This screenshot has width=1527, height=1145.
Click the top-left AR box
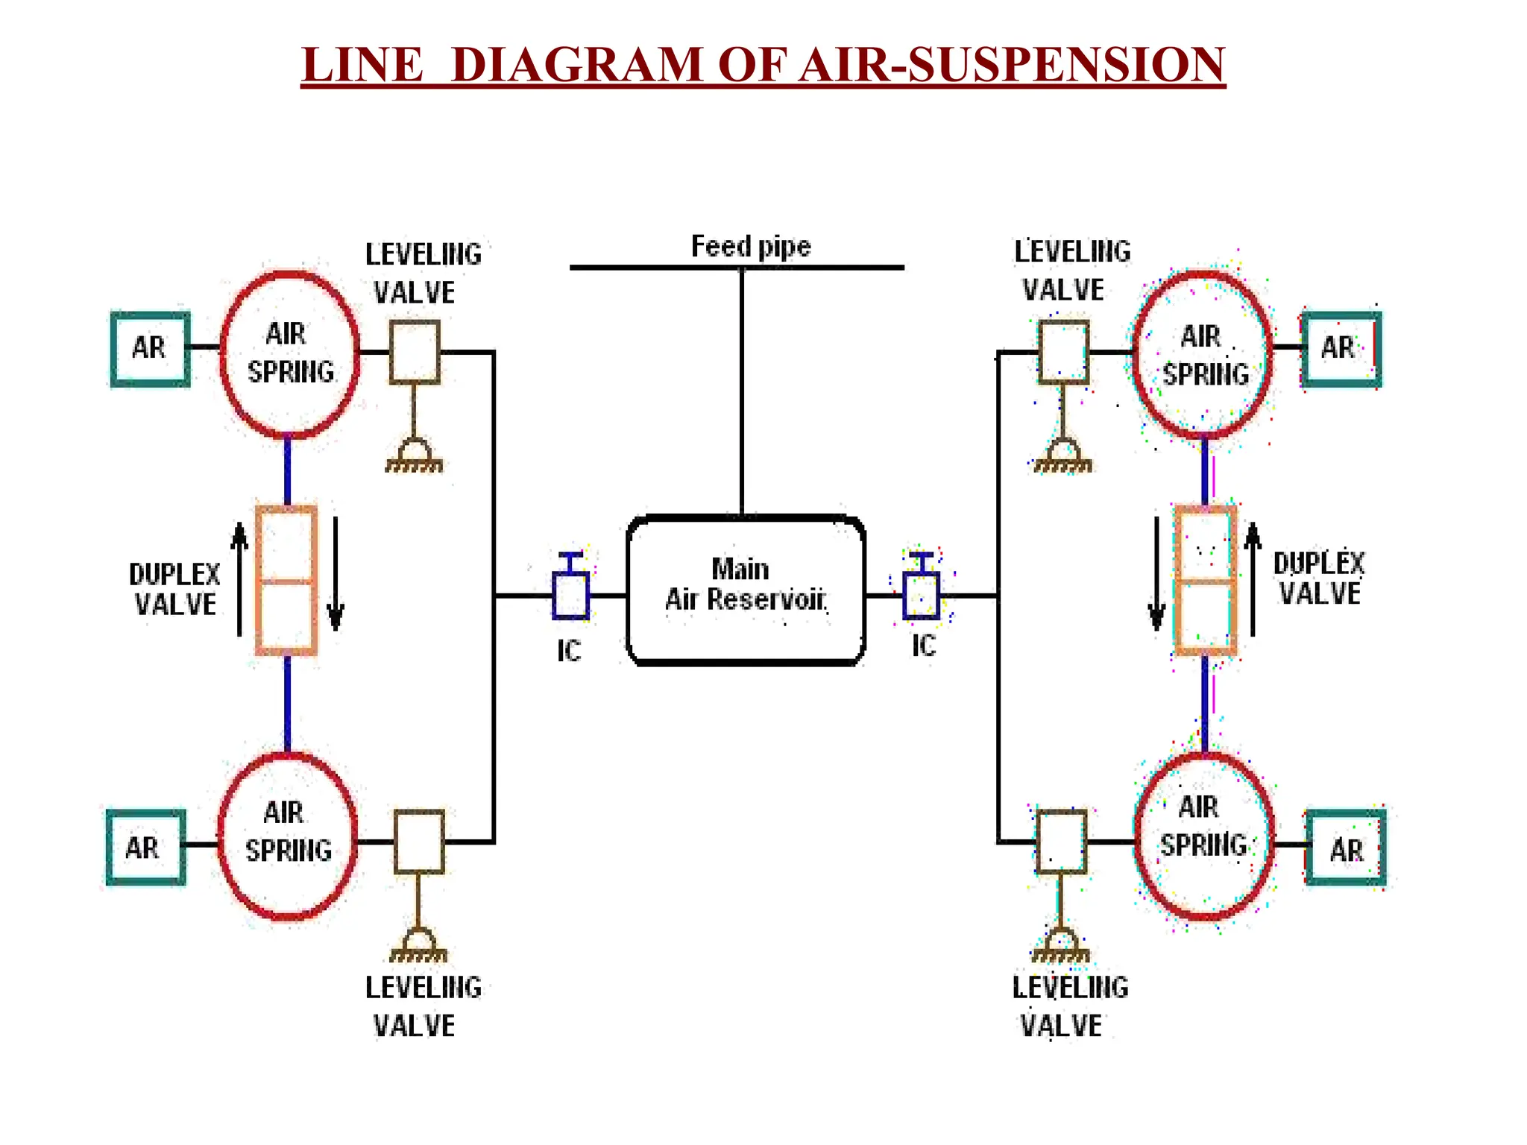pyautogui.click(x=150, y=349)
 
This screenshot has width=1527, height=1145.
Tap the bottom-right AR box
pyautogui.click(x=1346, y=848)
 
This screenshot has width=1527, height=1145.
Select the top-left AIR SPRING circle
pyautogui.click(x=290, y=353)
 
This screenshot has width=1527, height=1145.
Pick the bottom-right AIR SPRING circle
pyautogui.click(x=1203, y=836)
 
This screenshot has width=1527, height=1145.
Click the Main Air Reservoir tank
pyautogui.click(x=746, y=590)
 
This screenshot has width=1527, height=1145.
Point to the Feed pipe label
pyautogui.click(x=750, y=247)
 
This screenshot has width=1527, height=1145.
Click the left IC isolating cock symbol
pyautogui.click(x=570, y=589)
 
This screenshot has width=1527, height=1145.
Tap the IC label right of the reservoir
pyautogui.click(x=923, y=646)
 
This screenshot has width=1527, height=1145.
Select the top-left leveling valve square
pyautogui.click(x=415, y=352)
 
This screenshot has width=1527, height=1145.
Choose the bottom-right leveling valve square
pyautogui.click(x=1061, y=842)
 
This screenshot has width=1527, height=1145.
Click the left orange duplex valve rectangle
pyautogui.click(x=286, y=581)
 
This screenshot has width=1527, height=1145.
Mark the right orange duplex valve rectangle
pyautogui.click(x=1205, y=581)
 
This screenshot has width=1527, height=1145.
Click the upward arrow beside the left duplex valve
pyautogui.click(x=239, y=578)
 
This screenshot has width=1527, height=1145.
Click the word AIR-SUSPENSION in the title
pyautogui.click(x=1012, y=65)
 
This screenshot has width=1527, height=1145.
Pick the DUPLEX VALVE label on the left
pyautogui.click(x=175, y=589)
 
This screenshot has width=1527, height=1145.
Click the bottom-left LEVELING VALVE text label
pyautogui.click(x=422, y=1006)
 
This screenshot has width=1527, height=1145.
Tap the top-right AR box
pyautogui.click(x=1341, y=349)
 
